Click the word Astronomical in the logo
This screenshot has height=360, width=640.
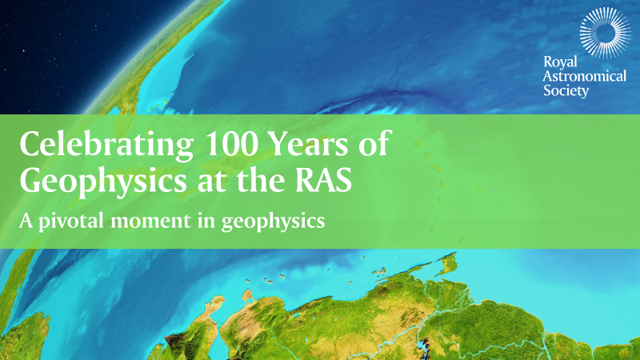[586, 76]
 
